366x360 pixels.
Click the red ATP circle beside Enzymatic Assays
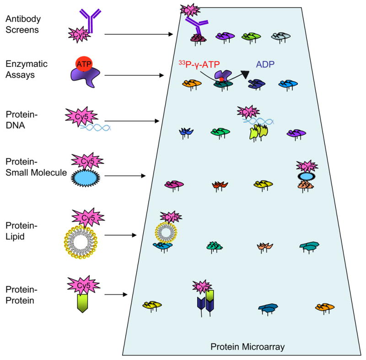click(x=84, y=64)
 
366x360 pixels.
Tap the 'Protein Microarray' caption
click(x=248, y=347)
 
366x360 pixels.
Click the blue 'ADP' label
click(x=265, y=64)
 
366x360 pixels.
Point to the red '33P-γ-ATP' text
click(x=199, y=64)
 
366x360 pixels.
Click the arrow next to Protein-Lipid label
click(x=120, y=235)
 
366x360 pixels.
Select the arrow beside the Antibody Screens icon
click(x=139, y=34)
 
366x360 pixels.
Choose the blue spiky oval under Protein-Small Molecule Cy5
click(x=86, y=178)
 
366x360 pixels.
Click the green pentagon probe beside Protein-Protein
click(x=82, y=303)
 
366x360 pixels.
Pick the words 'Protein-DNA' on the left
click(x=22, y=120)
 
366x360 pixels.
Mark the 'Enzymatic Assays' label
click(x=27, y=69)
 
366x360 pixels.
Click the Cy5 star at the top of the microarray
click(x=190, y=10)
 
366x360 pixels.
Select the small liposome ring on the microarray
click(x=166, y=232)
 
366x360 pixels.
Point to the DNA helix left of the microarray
click(x=95, y=127)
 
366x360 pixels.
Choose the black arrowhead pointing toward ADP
click(x=245, y=74)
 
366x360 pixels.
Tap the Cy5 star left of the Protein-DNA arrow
click(x=81, y=116)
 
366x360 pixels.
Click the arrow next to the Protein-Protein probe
click(x=116, y=295)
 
